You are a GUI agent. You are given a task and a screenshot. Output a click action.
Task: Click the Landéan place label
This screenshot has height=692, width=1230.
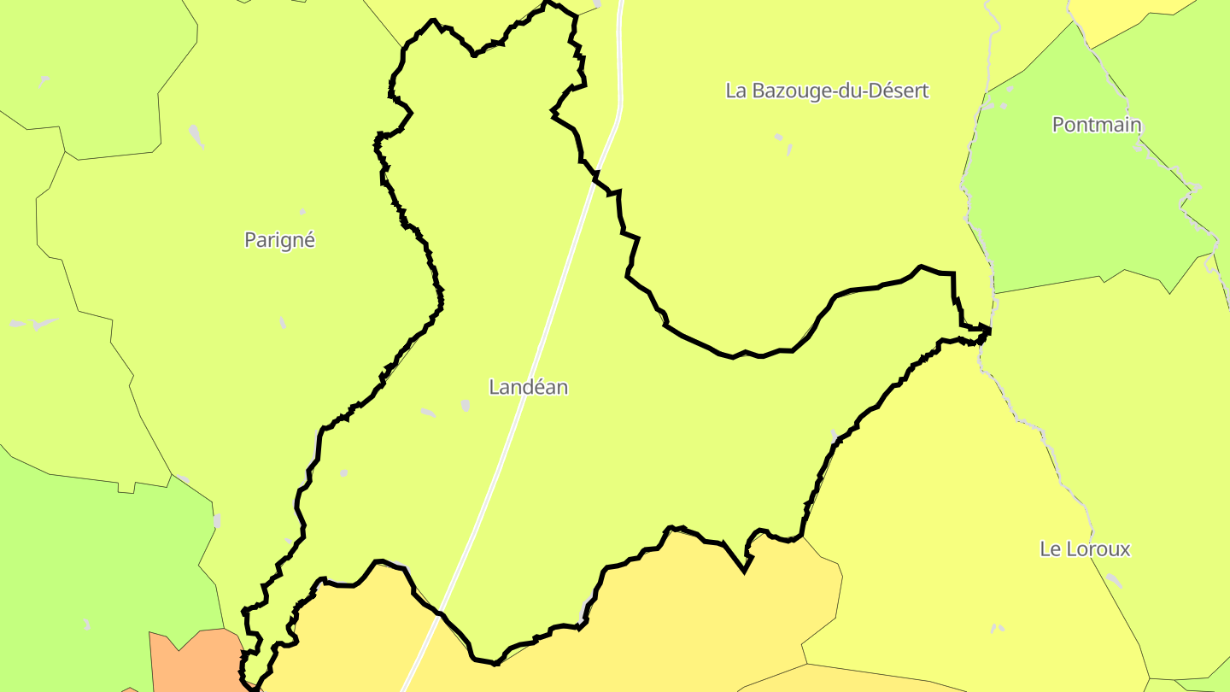[x=528, y=387]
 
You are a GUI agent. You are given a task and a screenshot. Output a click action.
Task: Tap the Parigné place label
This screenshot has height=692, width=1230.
[x=279, y=240]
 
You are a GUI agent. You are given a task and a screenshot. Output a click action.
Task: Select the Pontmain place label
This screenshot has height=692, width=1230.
[x=1097, y=125]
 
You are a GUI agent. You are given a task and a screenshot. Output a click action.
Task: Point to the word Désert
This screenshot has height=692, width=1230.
[x=897, y=91]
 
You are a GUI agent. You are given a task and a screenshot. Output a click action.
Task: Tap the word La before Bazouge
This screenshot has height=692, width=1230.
[x=735, y=91]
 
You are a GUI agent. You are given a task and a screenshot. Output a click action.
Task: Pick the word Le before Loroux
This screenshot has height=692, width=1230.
[x=1050, y=549]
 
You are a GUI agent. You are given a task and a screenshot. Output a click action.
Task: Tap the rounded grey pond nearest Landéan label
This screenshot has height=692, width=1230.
[x=466, y=405]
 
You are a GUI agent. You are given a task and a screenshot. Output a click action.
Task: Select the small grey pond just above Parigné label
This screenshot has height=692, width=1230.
[x=302, y=211]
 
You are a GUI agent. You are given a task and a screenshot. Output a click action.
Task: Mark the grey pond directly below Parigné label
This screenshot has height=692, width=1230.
[x=283, y=322]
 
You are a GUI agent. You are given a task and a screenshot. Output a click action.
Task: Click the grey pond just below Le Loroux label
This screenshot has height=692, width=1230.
[x=1113, y=580]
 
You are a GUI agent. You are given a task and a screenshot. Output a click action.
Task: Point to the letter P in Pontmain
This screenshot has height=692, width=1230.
[x=1058, y=125]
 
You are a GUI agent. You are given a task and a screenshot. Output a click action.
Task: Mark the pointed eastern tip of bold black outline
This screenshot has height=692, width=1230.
[x=990, y=329]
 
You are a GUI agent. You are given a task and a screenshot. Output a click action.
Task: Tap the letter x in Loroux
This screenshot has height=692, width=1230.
[x=1125, y=549]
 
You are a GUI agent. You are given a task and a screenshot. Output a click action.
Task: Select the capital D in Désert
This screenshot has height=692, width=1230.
[x=875, y=91]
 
